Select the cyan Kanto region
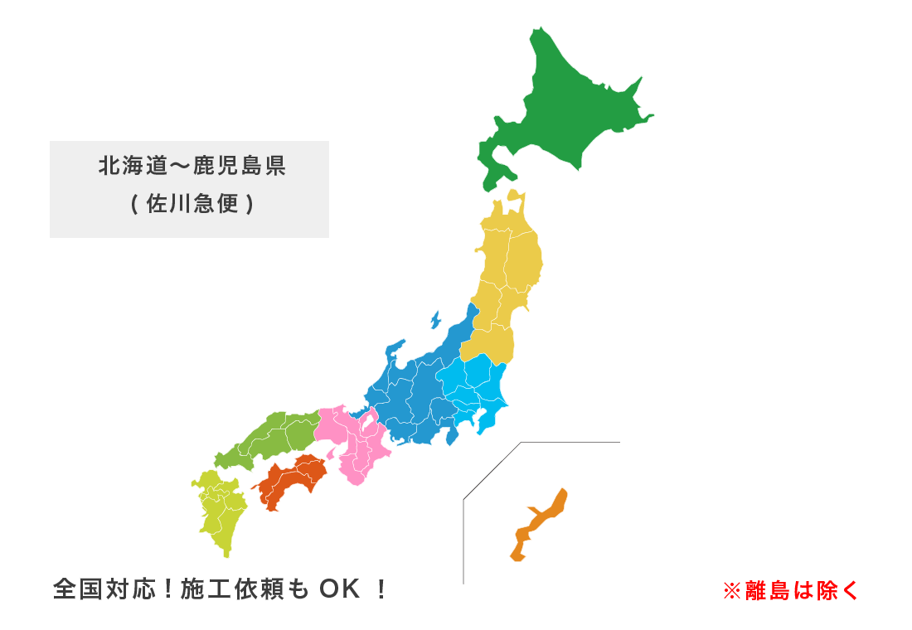pyautogui.click(x=481, y=390)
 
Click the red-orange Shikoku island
pyautogui.click(x=290, y=481)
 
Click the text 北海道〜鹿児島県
pyautogui.click(x=192, y=167)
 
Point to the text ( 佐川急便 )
pyautogui.click(x=192, y=204)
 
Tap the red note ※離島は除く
pyautogui.click(x=791, y=590)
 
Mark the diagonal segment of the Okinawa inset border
pyautogui.click(x=492, y=471)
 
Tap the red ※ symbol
pyautogui.click(x=730, y=590)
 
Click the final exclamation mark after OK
pyautogui.click(x=381, y=589)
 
